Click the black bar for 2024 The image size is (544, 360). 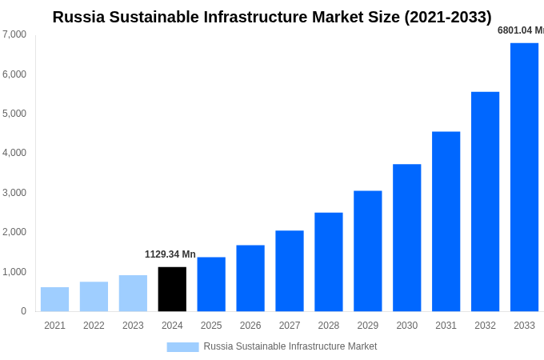tap(172, 289)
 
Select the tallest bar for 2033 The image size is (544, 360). tap(524, 177)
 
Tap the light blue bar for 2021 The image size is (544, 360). tap(54, 299)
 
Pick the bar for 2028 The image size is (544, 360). tap(328, 262)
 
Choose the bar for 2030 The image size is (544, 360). tap(406, 238)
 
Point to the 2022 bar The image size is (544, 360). tap(94, 296)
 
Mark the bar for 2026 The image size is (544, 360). tap(250, 278)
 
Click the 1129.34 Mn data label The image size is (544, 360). tap(170, 254)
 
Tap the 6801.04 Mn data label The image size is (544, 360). tap(520, 30)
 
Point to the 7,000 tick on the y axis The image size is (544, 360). tap(14, 34)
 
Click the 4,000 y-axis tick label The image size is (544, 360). tap(14, 153)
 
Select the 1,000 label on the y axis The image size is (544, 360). tap(14, 272)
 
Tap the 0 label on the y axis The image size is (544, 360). tap(23, 311)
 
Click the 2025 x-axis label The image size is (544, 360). tap(211, 326)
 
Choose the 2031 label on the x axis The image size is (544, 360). tap(446, 326)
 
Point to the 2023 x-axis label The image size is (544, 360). tap(133, 326)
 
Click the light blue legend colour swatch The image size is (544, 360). tap(182, 346)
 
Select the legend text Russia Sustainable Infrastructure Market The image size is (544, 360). tap(290, 346)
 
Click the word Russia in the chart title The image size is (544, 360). tap(78, 17)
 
